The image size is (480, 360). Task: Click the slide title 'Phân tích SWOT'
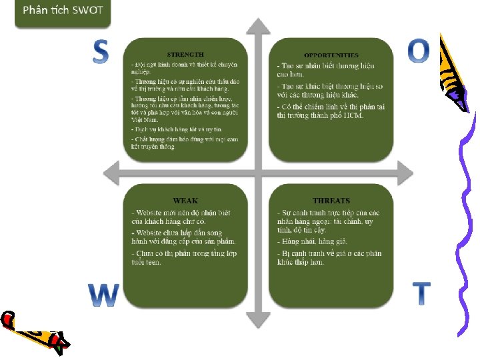63,11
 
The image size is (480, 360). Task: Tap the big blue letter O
418,51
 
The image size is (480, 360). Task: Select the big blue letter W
104,295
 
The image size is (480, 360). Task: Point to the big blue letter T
421,293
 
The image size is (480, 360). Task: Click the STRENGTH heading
185,54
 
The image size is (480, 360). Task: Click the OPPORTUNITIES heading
331,55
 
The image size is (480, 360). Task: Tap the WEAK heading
185,201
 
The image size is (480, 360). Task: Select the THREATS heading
331,201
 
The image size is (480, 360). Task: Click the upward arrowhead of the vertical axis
258,27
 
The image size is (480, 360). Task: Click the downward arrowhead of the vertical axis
258,320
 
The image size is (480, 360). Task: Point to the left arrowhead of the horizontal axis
112,175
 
